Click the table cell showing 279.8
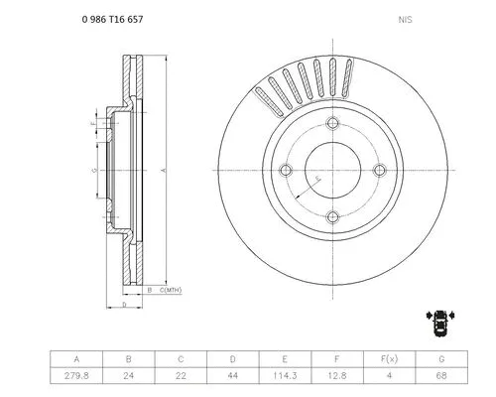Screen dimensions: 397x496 [x=76, y=377]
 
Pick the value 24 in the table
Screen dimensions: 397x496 [x=128, y=377]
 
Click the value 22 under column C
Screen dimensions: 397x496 [x=180, y=377]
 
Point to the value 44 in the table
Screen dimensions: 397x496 [x=231, y=377]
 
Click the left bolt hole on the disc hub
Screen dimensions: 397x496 [x=287, y=170]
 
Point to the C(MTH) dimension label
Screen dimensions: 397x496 [x=171, y=290]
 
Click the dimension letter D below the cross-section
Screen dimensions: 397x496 [x=123, y=305]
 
